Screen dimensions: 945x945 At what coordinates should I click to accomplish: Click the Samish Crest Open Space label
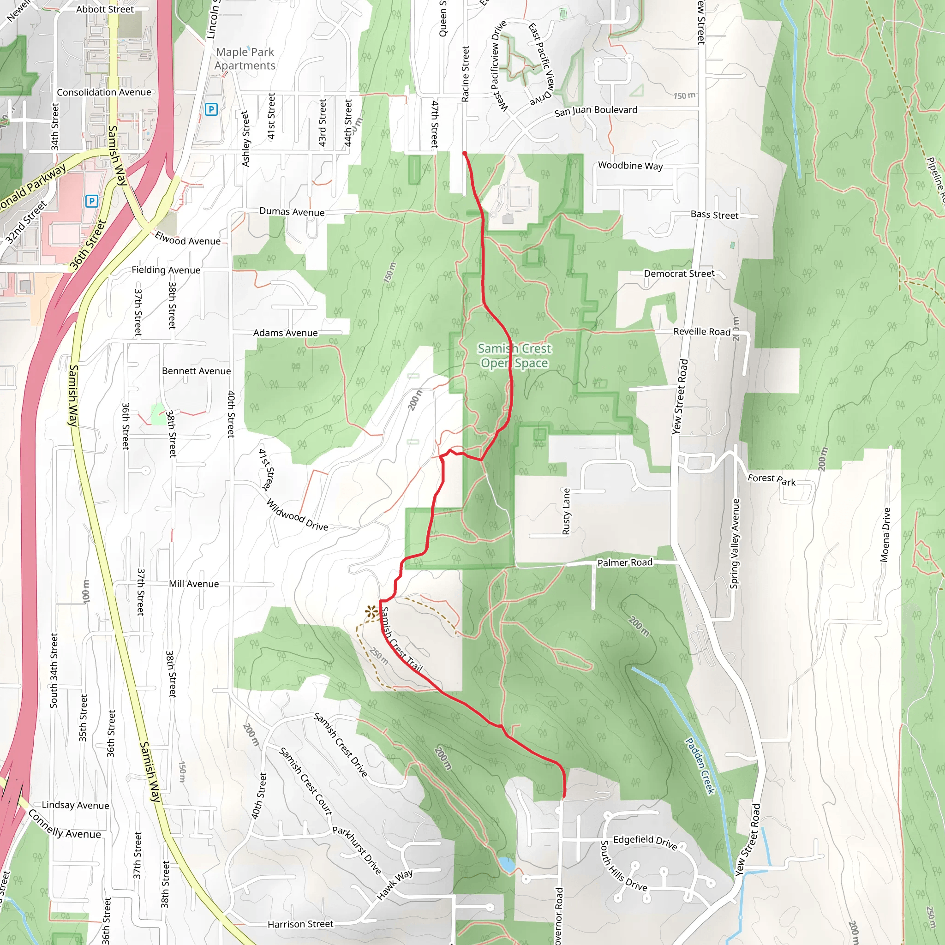(x=514, y=356)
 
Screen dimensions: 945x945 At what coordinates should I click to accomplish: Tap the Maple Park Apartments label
(x=245, y=59)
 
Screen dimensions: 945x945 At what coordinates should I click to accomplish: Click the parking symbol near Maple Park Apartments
(x=211, y=109)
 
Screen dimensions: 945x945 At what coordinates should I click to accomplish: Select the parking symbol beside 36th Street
(x=91, y=201)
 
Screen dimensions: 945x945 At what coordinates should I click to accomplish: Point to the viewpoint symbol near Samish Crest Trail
(x=371, y=612)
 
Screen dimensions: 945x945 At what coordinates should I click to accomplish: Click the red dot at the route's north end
(x=464, y=154)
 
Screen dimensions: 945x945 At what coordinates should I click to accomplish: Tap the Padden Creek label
(x=700, y=766)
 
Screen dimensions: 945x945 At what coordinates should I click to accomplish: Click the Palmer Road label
(x=625, y=562)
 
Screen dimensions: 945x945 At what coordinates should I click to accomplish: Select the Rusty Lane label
(x=567, y=512)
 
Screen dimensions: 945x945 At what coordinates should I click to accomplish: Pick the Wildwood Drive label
(x=297, y=514)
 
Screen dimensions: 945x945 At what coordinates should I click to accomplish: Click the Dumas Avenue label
(x=292, y=212)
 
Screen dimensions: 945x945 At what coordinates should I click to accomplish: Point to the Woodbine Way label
(x=630, y=166)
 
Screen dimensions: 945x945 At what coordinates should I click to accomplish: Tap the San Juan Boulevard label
(x=596, y=111)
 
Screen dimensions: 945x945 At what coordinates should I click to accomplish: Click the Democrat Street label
(x=679, y=274)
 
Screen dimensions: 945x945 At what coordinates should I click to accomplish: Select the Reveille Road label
(x=701, y=332)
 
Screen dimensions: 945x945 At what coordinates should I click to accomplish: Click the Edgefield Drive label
(x=645, y=842)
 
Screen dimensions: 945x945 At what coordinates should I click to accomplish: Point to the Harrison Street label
(x=300, y=924)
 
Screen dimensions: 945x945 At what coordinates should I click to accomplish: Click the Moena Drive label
(x=885, y=535)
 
